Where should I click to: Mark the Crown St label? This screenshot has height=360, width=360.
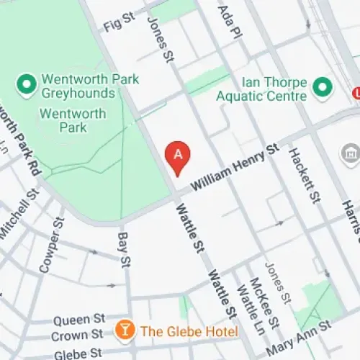78,335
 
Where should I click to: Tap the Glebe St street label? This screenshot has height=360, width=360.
78,352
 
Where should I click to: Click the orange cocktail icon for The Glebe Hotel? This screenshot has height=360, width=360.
125,330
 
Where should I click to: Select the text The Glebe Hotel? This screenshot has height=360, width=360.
189,330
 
